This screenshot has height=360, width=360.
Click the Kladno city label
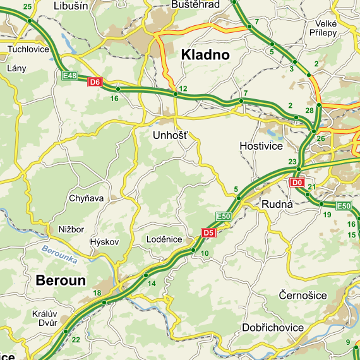tap(205, 55)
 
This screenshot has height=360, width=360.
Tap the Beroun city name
tap(61, 280)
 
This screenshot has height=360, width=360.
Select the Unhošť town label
tap(170, 135)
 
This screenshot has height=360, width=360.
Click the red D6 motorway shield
tap(95, 81)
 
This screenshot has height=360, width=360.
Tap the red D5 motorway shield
tap(208, 233)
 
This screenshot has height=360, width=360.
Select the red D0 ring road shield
tap(296, 183)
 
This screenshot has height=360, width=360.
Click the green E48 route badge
tap(70, 76)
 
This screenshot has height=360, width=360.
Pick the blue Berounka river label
tap(59, 254)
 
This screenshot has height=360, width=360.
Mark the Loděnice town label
tap(164, 239)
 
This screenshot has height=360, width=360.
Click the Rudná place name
tap(278, 204)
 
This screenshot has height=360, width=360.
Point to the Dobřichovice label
tap(273, 328)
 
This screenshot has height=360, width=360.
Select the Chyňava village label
tap(86, 198)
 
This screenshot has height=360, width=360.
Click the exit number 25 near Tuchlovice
tap(27, 6)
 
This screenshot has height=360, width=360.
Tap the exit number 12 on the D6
tap(183, 88)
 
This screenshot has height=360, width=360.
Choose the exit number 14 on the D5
tap(152, 284)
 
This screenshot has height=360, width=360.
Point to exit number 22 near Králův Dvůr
tap(76, 340)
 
